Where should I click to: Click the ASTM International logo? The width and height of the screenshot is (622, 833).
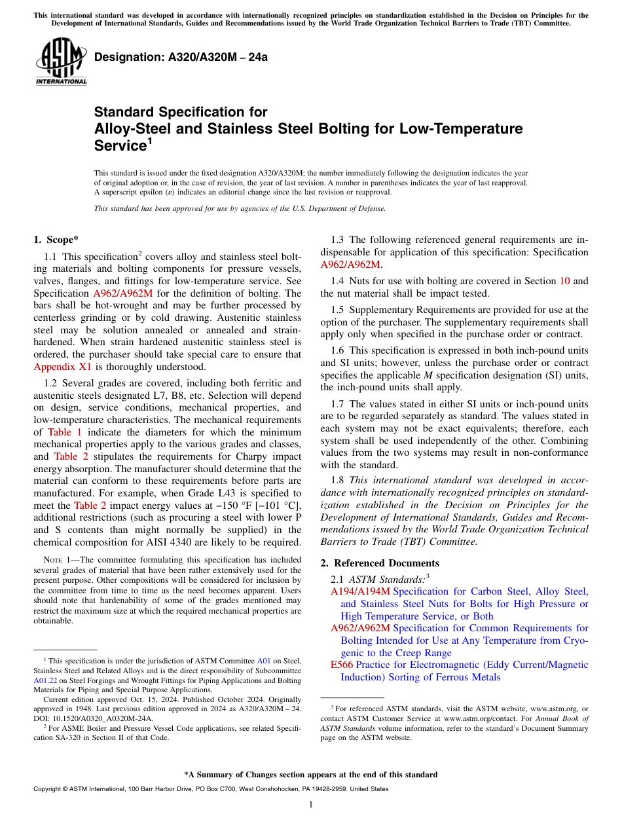(61, 62)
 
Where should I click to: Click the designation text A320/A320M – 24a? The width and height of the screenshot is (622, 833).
(181, 57)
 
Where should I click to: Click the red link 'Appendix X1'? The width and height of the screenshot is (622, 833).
(63, 367)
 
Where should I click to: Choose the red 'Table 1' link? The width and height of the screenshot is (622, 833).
(65, 432)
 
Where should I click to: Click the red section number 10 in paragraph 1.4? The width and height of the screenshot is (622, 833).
(564, 281)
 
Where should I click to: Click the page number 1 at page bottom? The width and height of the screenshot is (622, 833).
(311, 805)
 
